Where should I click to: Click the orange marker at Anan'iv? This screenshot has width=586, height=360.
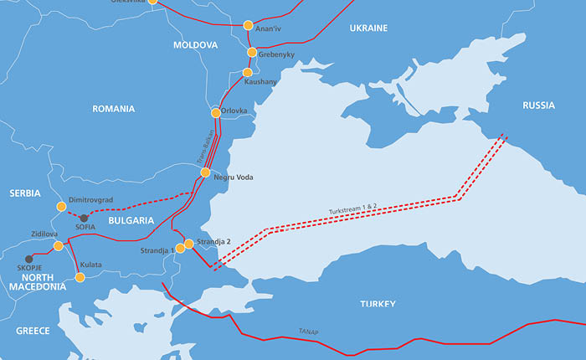[248, 26]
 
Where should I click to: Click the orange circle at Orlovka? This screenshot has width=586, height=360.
[215, 112]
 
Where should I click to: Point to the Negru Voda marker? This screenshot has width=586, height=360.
[205, 173]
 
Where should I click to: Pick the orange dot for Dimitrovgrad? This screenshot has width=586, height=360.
[60, 207]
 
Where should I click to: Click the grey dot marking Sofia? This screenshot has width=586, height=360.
[83, 218]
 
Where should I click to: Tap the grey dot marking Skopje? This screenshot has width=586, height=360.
[29, 259]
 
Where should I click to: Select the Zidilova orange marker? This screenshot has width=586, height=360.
[58, 246]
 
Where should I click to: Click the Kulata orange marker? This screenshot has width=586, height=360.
[80, 276]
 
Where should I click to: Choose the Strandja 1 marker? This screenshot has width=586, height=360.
[180, 249]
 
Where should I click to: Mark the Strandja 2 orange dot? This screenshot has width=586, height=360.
[189, 244]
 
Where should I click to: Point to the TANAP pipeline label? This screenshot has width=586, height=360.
[308, 332]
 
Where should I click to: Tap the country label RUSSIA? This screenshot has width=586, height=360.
[538, 105]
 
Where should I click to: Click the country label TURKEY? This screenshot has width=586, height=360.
[378, 304]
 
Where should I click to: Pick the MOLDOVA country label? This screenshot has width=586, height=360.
[195, 44]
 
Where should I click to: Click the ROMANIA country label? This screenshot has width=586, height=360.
[114, 109]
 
